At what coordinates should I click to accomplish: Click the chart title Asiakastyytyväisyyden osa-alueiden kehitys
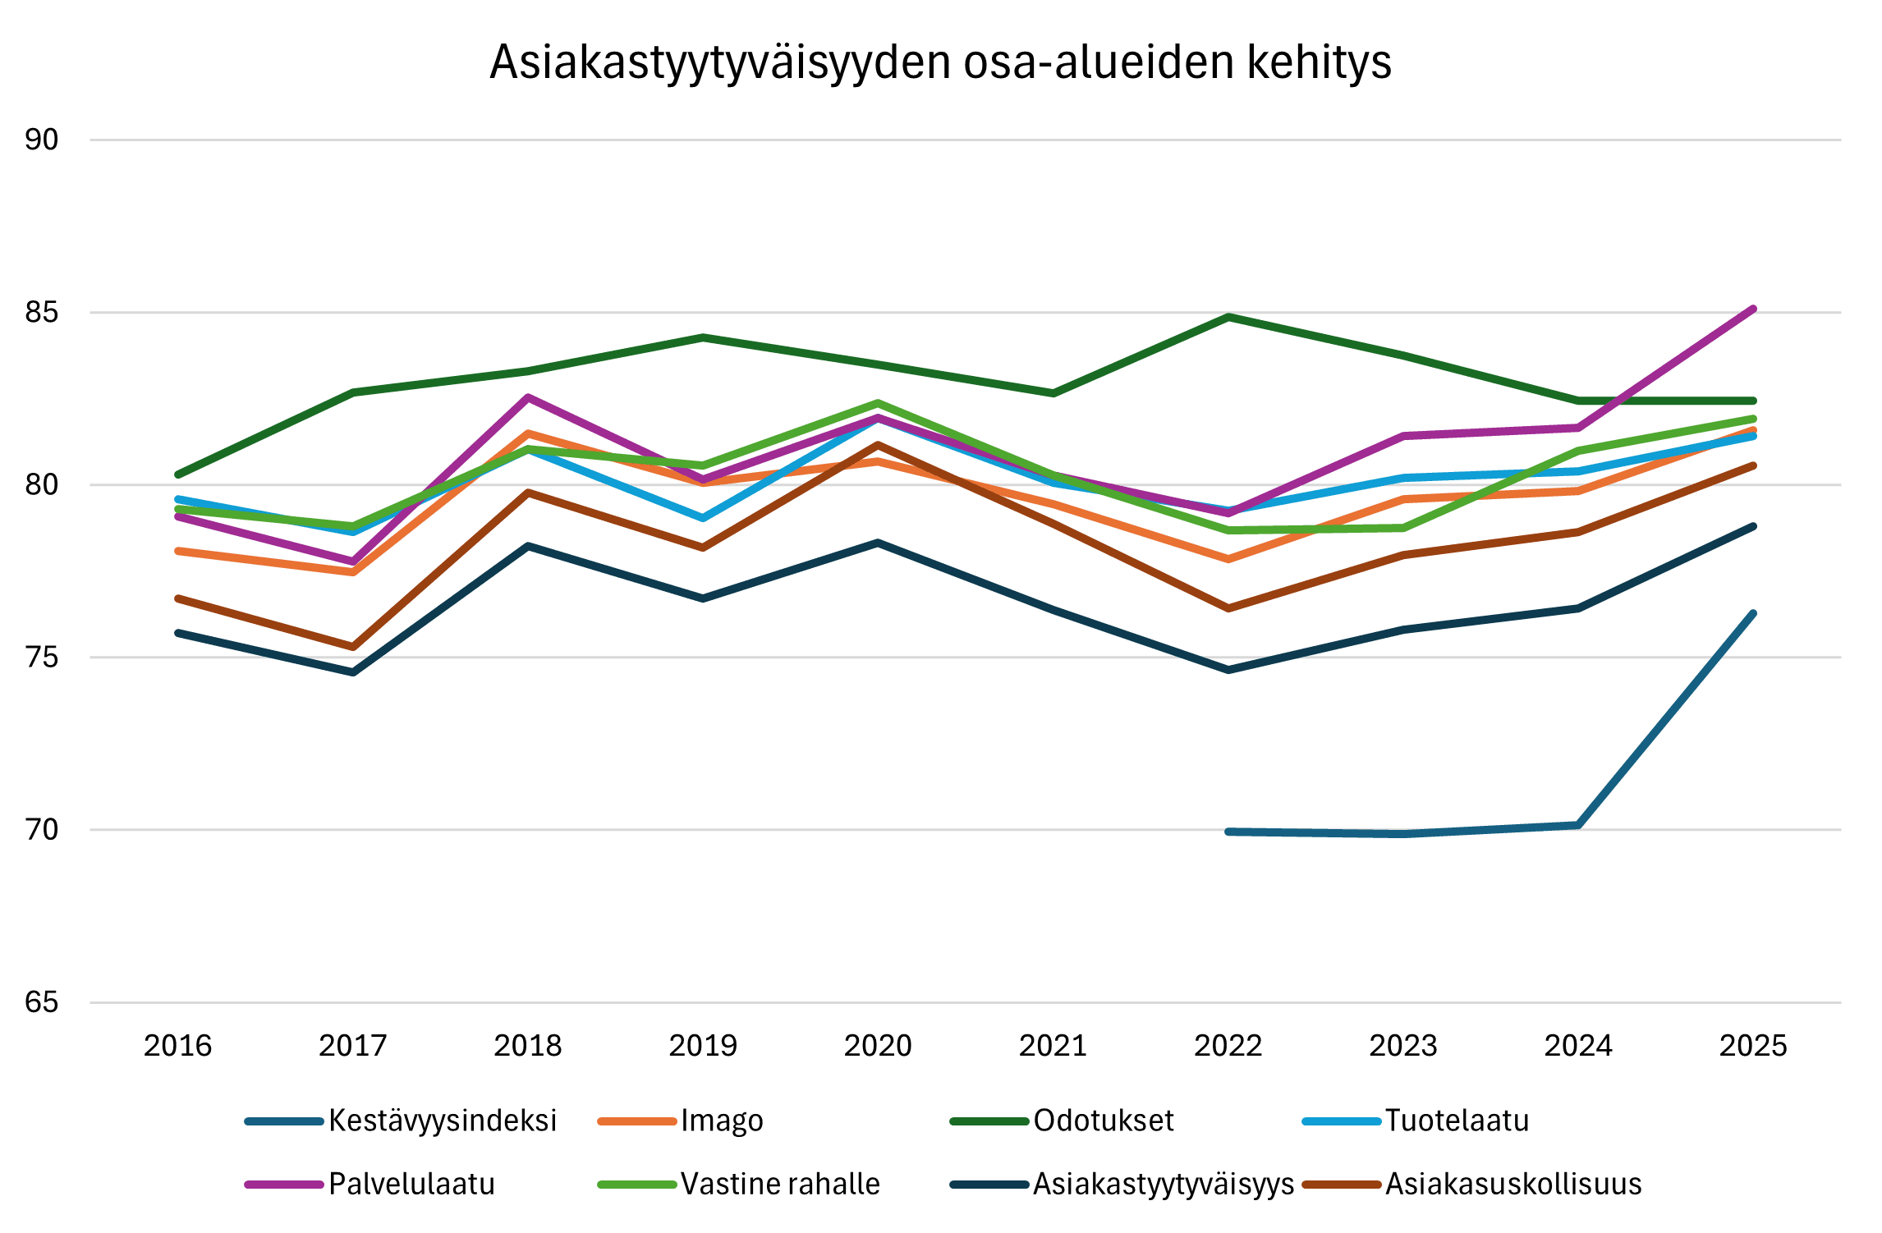940,62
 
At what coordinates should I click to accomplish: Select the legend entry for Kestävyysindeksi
442,1121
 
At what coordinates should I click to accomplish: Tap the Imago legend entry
721,1121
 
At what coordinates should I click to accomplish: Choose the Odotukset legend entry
1103,1121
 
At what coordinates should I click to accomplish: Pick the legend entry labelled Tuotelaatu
1456,1121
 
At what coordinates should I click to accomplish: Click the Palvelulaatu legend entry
411,1184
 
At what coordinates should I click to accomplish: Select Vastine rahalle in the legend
779,1184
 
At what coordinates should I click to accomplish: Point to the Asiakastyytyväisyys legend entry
1163,1184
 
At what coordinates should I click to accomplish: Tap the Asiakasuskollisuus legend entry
1512,1184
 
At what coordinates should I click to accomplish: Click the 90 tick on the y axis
42,140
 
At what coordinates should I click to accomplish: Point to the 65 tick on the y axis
42,1002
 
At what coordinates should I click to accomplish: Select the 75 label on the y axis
42,658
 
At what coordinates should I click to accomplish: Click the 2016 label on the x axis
178,1046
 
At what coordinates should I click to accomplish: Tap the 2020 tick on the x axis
878,1046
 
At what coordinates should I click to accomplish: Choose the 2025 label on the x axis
1753,1046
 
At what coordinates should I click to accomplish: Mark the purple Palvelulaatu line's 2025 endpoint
1753,309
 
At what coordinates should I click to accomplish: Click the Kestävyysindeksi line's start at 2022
1228,832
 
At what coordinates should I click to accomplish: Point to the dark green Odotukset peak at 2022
1228,316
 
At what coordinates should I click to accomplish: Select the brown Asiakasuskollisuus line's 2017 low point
353,647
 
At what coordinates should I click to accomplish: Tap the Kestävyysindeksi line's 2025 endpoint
1753,612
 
